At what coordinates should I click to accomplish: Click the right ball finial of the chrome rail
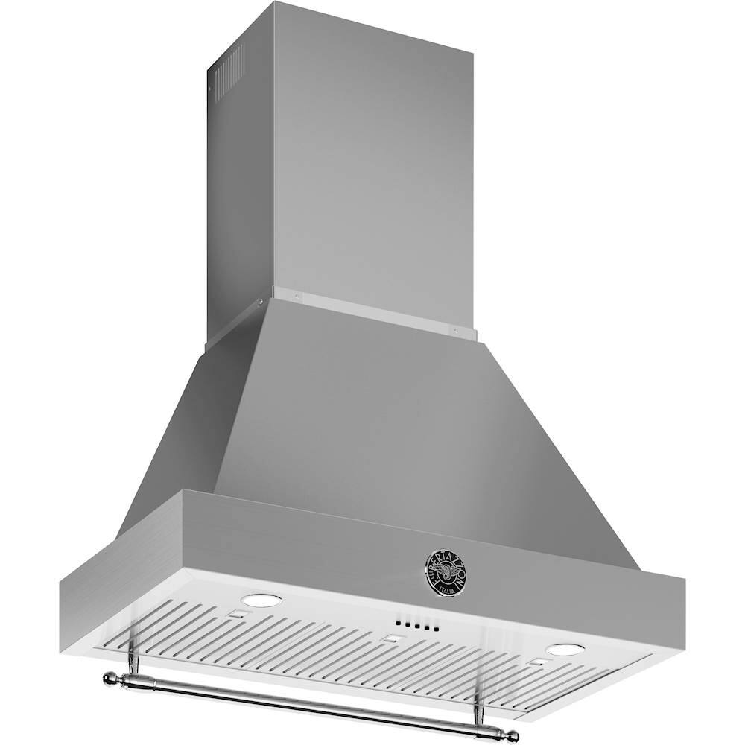pyautogui.click(x=512, y=736)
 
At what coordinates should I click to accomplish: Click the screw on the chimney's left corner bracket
pyautogui.click(x=260, y=302)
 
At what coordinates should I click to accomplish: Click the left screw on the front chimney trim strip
pyautogui.click(x=297, y=295)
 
